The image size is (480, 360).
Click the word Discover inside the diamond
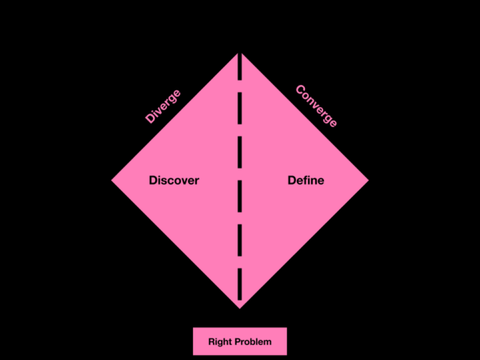[x=174, y=180]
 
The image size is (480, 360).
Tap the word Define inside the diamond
[x=306, y=180]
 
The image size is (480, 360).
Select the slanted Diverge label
[x=163, y=106]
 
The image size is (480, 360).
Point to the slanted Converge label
[x=316, y=106]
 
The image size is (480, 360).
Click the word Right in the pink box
[x=218, y=342]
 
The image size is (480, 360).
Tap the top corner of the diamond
[x=240, y=53]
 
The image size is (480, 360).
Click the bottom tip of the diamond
[x=240, y=308]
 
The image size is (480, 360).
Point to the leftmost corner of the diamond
[x=111, y=180]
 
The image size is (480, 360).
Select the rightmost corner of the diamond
[x=369, y=180]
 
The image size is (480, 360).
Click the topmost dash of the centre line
[x=240, y=66]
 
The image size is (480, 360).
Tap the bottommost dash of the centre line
[x=240, y=284]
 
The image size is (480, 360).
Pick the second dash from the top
[x=240, y=108]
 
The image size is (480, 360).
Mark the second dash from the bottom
[x=240, y=240]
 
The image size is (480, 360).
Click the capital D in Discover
[x=153, y=180]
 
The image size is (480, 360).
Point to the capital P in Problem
[x=233, y=342]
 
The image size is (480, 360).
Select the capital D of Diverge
[x=150, y=118]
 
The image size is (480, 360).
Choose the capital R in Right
[x=211, y=342]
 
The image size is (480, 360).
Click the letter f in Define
[x=306, y=180]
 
